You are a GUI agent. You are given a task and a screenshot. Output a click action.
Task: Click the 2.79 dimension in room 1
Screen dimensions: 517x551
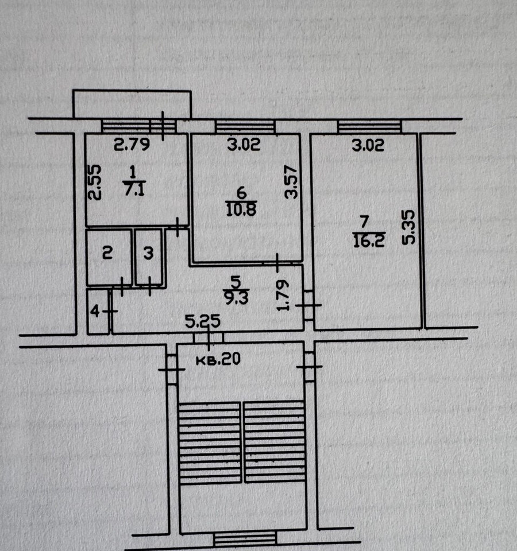(132, 145)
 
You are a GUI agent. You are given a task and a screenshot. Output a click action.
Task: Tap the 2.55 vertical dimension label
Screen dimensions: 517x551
(94, 183)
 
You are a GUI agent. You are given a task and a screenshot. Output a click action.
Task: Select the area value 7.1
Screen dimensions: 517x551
(134, 190)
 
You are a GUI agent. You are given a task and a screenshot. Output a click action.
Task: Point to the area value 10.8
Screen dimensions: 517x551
(241, 209)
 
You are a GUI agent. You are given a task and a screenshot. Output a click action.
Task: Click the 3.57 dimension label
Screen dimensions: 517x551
(291, 182)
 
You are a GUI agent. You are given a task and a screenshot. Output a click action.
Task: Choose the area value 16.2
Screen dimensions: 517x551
(368, 241)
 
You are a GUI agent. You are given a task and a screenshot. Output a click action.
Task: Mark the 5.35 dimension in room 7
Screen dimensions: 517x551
(408, 227)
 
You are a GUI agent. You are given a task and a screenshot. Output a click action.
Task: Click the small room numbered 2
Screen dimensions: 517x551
(109, 257)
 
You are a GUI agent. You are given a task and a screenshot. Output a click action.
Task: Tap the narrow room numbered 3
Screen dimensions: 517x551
(149, 257)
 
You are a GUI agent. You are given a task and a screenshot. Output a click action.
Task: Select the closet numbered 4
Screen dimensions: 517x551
(98, 311)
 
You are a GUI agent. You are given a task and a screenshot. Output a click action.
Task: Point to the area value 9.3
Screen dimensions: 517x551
(236, 298)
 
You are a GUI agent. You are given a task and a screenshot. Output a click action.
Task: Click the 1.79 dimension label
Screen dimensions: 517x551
(283, 295)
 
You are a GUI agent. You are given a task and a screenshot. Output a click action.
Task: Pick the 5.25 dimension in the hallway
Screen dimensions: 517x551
(203, 321)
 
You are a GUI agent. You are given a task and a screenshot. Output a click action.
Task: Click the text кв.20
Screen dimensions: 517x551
(218, 359)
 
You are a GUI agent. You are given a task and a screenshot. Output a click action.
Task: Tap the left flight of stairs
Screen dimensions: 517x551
(210, 443)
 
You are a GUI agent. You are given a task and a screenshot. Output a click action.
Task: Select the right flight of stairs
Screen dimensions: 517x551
(275, 442)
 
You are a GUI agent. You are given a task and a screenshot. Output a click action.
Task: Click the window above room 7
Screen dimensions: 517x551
(369, 126)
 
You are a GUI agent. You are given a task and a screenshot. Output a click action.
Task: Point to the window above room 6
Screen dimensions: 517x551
(245, 126)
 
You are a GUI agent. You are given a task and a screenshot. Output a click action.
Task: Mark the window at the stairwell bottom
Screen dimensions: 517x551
(245, 538)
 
